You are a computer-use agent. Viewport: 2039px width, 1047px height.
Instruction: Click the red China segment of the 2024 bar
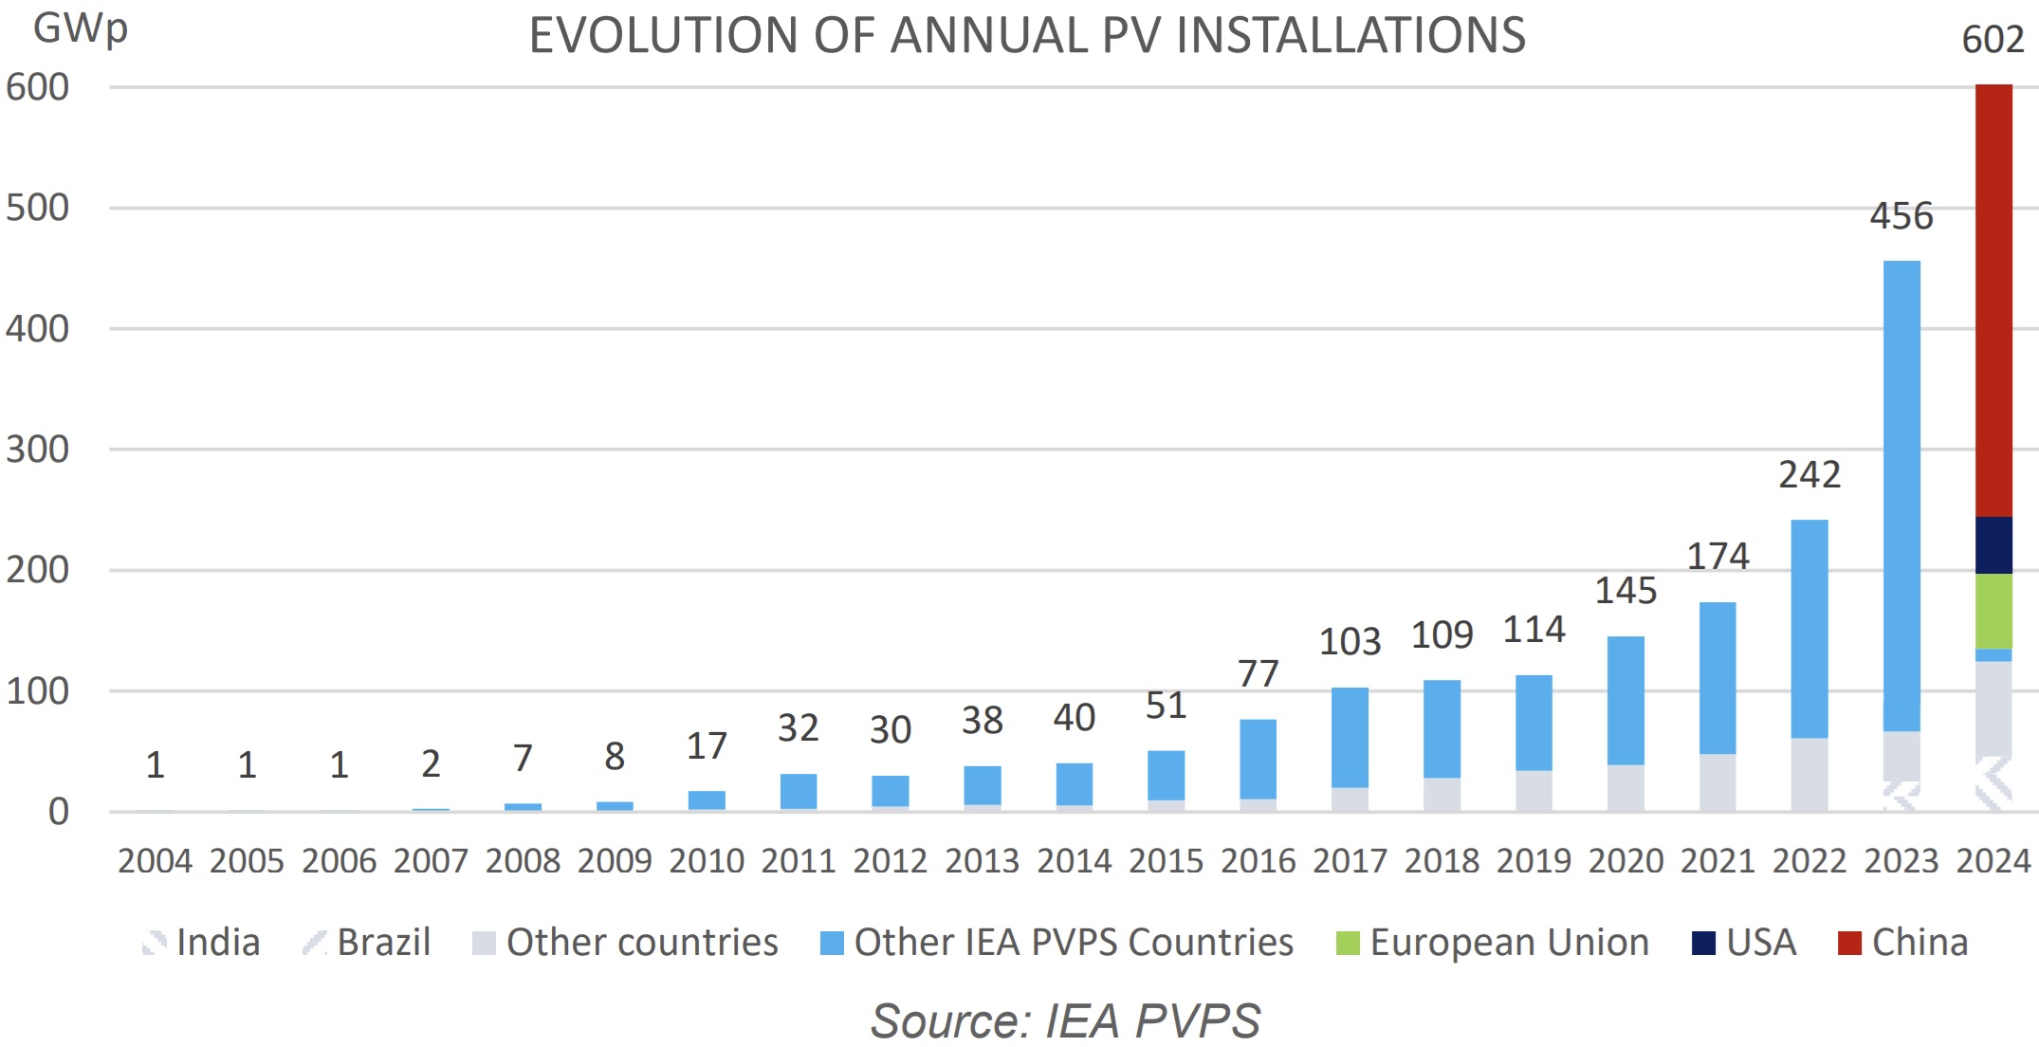[1993, 301]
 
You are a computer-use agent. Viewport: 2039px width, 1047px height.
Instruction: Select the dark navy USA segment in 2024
[1993, 545]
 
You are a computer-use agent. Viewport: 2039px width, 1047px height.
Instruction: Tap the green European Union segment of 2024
[1993, 612]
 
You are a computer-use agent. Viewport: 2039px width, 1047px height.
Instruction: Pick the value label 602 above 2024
[1993, 40]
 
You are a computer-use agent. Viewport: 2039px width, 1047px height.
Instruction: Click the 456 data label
[1901, 216]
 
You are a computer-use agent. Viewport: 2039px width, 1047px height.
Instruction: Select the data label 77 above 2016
[1258, 674]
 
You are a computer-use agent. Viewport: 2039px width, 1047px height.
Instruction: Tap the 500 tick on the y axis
[38, 208]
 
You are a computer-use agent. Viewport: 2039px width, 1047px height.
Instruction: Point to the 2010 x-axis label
[707, 861]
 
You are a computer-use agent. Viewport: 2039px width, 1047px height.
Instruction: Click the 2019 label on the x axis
[1534, 861]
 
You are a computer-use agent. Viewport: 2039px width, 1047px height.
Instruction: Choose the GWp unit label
[80, 28]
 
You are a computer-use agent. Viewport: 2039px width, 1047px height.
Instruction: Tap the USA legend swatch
[1703, 944]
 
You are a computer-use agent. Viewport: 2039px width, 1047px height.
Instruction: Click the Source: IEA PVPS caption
[1065, 1021]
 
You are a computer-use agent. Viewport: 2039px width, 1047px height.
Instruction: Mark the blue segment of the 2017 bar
[1350, 738]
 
